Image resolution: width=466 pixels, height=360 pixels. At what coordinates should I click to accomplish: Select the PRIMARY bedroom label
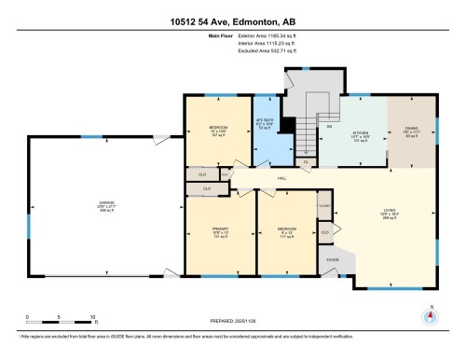tap(221, 232)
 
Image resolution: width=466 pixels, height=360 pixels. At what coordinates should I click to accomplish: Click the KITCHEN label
tap(360, 133)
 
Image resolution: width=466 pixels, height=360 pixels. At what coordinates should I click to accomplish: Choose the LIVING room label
tap(390, 211)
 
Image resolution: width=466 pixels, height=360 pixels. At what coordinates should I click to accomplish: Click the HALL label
tap(279, 178)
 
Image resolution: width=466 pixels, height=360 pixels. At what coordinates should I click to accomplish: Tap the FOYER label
tap(331, 260)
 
